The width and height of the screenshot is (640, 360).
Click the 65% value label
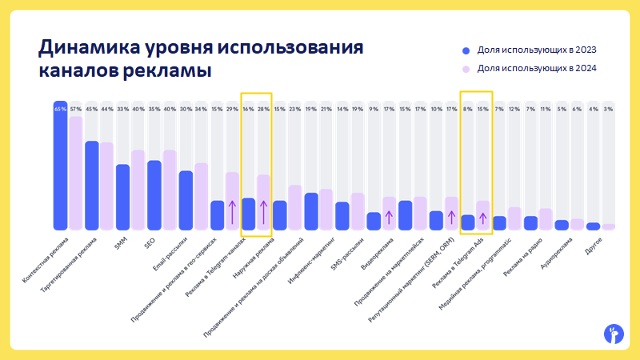coord(60,109)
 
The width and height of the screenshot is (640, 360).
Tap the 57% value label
coord(76,109)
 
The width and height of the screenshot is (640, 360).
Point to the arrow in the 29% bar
coord(232,212)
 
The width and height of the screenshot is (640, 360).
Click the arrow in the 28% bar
coord(263,212)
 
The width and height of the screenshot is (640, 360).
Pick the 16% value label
coord(248,109)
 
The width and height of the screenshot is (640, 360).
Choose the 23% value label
coord(294,109)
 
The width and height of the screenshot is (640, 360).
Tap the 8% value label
coord(467,109)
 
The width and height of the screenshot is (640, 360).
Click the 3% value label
coord(609,109)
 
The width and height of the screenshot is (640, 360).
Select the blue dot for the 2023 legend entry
coord(466,50)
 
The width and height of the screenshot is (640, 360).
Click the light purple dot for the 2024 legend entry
coord(466,69)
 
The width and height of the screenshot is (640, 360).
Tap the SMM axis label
coord(121,243)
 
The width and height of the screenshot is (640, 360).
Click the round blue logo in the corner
coord(613,334)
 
